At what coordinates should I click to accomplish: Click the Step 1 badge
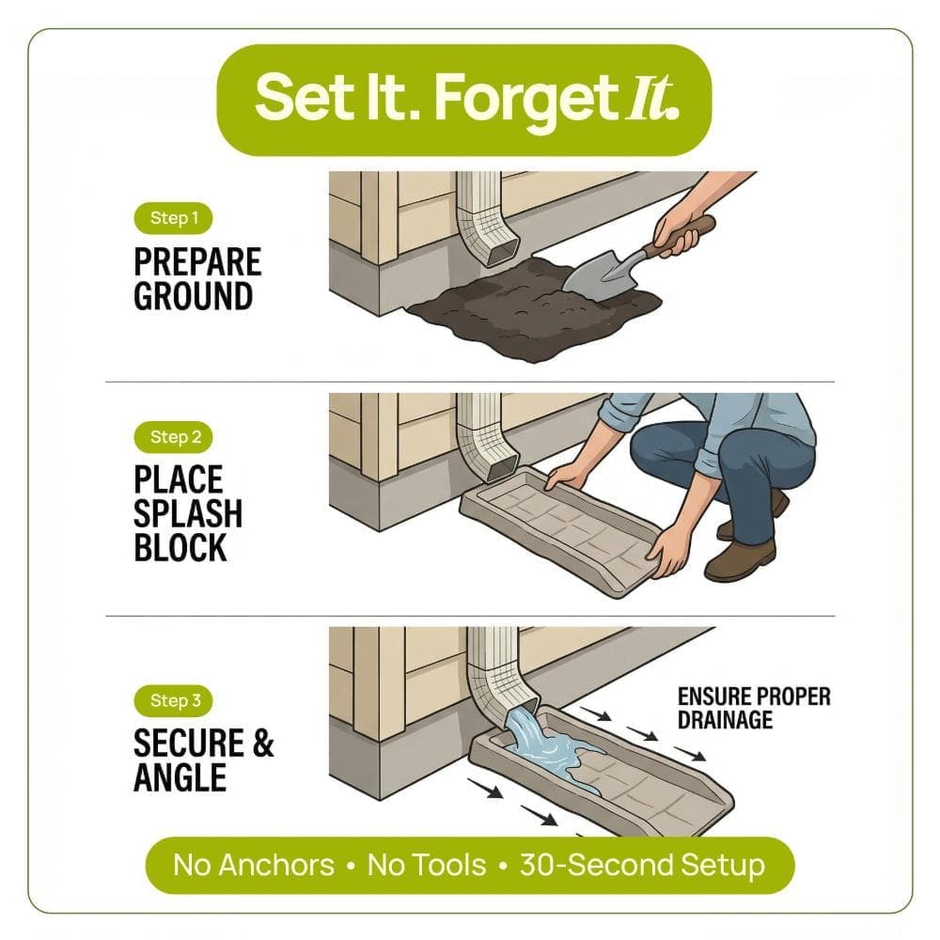[173, 218]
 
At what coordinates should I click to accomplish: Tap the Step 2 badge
[173, 437]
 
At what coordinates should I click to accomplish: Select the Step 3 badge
[173, 701]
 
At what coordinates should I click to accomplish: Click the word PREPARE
[197, 262]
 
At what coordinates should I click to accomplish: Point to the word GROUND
[193, 296]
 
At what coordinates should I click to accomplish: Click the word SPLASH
[188, 514]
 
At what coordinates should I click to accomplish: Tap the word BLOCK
[180, 547]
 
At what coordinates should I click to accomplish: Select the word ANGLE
[180, 777]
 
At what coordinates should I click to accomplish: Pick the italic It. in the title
[653, 98]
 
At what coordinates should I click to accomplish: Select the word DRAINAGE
[725, 719]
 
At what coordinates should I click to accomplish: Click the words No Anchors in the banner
[254, 865]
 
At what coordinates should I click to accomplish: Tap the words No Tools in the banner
[426, 865]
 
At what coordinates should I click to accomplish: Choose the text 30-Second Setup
[643, 865]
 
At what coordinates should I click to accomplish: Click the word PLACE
[178, 479]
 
